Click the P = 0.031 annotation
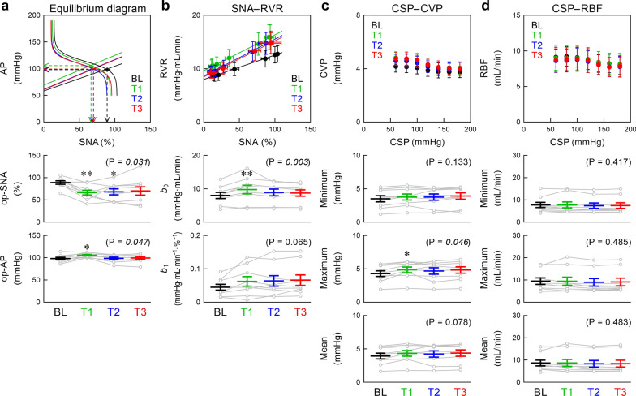128,162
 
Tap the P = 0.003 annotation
287,162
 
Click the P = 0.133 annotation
448,162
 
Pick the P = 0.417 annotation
608,162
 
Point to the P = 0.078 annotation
448,322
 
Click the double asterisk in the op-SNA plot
86,174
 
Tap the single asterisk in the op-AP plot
86,247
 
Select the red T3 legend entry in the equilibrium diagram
137,109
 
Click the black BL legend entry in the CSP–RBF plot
537,26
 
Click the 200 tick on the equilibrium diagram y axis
34,15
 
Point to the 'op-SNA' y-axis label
16,188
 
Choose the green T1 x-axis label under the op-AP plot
86,312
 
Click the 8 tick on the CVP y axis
359,15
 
